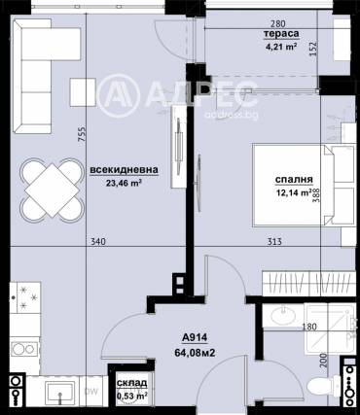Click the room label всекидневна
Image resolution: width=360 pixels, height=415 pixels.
pyautogui.click(x=125, y=170)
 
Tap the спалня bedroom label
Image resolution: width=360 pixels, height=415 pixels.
pyautogui.click(x=294, y=180)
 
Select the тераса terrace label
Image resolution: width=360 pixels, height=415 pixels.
pyautogui.click(x=281, y=34)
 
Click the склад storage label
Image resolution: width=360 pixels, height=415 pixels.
pyautogui.click(x=131, y=383)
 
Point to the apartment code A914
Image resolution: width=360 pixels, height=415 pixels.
pyautogui.click(x=195, y=338)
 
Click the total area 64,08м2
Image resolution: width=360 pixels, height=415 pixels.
pyautogui.click(x=195, y=352)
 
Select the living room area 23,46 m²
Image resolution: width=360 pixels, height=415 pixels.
pyautogui.click(x=125, y=183)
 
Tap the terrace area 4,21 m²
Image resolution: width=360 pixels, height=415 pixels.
pyautogui.click(x=281, y=47)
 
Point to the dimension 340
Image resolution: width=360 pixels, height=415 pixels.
pyautogui.click(x=98, y=241)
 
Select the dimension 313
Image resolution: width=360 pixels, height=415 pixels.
pyautogui.click(x=274, y=241)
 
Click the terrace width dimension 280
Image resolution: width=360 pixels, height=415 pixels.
pyautogui.click(x=278, y=23)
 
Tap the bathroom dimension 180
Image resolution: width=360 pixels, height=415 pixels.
pyautogui.click(x=309, y=327)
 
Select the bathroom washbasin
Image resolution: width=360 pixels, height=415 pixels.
pyautogui.click(x=282, y=315)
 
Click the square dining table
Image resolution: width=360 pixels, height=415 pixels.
pyautogui.click(x=52, y=190)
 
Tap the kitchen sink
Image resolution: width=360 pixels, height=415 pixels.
pyautogui.click(x=60, y=393)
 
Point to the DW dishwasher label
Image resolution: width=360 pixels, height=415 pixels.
pyautogui.click(x=90, y=392)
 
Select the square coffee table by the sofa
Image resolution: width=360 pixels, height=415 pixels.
pyautogui.click(x=83, y=92)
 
